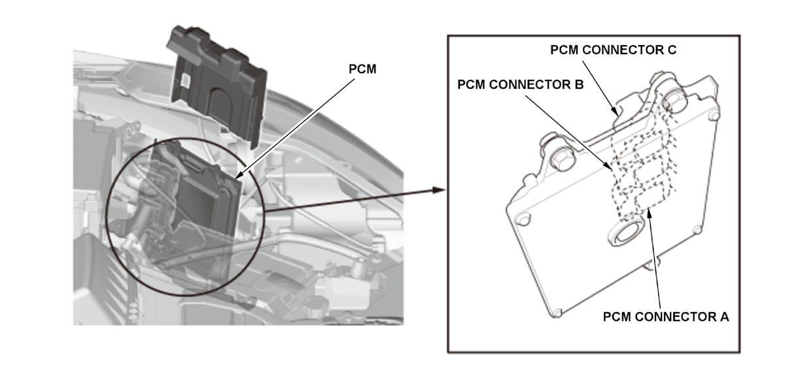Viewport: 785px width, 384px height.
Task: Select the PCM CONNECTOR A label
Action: point(665,317)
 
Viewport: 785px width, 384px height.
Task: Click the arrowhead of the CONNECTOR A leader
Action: point(649,212)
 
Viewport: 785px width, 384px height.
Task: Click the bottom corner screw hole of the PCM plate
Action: point(557,313)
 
